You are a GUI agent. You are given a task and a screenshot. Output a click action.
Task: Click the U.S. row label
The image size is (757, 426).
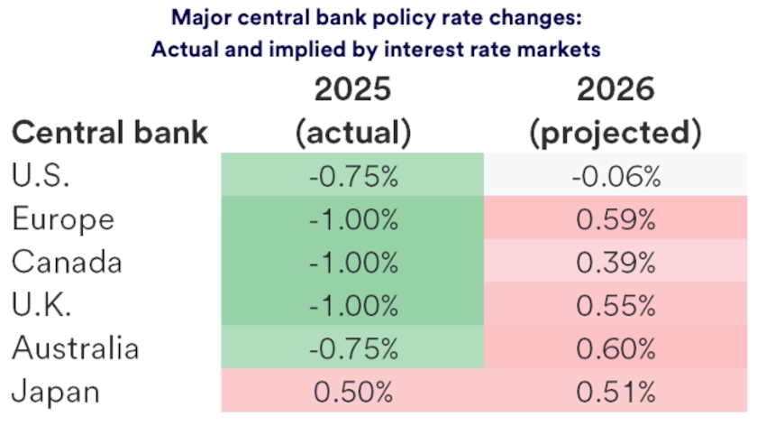pyautogui.click(x=41, y=176)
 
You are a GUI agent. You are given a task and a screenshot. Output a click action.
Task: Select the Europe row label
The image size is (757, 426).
pyautogui.click(x=63, y=219)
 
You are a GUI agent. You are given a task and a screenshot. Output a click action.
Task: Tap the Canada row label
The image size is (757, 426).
pyautogui.click(x=67, y=262)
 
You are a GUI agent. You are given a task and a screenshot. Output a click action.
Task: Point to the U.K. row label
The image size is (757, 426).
pyautogui.click(x=41, y=305)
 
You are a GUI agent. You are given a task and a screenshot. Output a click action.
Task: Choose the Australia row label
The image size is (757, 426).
pyautogui.click(x=75, y=347)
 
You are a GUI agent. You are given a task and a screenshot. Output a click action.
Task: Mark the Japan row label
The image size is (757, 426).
pyautogui.click(x=56, y=391)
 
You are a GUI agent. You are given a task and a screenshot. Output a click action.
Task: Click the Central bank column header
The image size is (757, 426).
pyautogui.click(x=109, y=133)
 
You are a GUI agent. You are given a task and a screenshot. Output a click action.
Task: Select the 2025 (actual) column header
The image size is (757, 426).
pyautogui.click(x=353, y=112)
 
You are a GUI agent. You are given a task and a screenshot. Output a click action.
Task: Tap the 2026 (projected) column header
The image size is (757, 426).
pyautogui.click(x=616, y=112)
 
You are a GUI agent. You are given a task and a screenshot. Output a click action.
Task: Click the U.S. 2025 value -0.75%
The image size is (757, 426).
pyautogui.click(x=353, y=176)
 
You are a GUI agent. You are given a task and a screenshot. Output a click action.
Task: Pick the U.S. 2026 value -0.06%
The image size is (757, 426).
pyautogui.click(x=616, y=176)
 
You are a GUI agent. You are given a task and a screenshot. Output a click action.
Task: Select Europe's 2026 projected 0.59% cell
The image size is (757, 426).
pyautogui.click(x=616, y=219)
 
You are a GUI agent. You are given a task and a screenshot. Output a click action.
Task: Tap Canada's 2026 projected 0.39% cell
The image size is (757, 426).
pyautogui.click(x=616, y=262)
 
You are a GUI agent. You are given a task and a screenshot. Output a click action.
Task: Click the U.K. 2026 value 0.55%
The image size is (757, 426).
pyautogui.click(x=616, y=305)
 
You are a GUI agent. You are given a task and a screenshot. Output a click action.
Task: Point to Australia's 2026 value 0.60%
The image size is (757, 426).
pyautogui.click(x=616, y=347)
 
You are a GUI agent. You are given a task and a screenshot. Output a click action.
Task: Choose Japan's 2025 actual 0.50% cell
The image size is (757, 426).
pyautogui.click(x=353, y=391)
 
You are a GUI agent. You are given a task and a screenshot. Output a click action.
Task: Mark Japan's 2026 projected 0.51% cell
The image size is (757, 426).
pyautogui.click(x=616, y=391)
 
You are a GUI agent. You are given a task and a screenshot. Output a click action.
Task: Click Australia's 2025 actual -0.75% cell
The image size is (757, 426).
pyautogui.click(x=353, y=347)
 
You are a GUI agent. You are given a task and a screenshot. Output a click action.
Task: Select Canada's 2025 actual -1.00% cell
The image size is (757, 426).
pyautogui.click(x=353, y=262)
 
